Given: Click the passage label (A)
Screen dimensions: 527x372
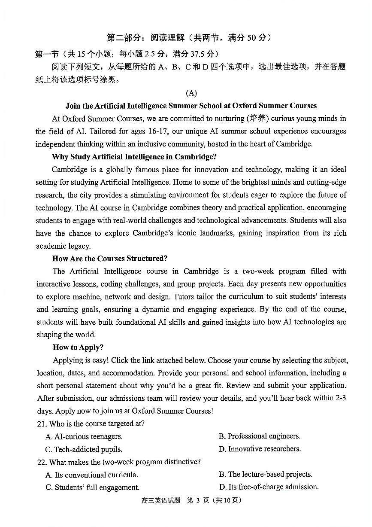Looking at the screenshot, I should (191, 93).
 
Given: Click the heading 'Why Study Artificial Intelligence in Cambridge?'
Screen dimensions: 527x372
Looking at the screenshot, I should (134, 157).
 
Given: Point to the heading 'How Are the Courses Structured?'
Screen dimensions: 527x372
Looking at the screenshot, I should (110, 259).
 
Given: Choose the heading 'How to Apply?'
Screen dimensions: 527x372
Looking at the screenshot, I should (78, 347).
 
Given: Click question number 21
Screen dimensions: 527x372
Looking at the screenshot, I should (42, 424).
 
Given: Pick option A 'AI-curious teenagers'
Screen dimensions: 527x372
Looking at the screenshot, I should (84, 437).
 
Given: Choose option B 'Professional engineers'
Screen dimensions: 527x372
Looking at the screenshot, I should (260, 436).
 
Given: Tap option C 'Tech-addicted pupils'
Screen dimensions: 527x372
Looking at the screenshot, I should (84, 450).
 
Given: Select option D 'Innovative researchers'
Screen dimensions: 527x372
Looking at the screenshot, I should (260, 449).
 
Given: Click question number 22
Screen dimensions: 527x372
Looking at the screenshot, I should (42, 463).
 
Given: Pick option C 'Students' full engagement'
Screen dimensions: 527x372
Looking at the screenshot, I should (93, 487).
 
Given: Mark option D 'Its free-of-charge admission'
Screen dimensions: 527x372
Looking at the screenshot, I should (269, 487).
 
